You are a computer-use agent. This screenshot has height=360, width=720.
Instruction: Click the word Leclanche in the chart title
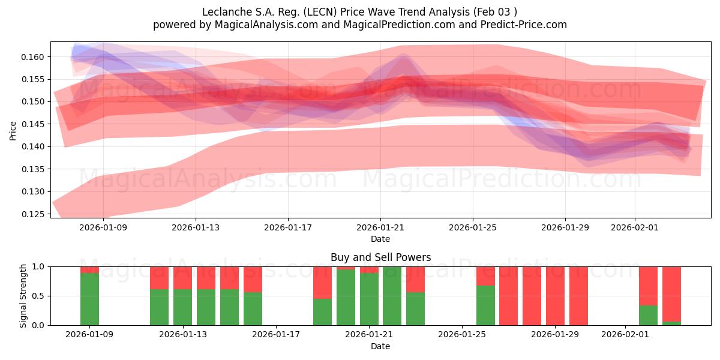[x=224, y=11]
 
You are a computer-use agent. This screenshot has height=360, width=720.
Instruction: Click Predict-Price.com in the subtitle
[x=520, y=25]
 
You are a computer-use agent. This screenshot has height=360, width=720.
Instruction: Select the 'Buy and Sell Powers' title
[x=380, y=257]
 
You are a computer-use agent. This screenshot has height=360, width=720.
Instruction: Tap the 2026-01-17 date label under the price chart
[x=288, y=227]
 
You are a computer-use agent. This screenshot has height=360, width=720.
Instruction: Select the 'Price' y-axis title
[x=13, y=130]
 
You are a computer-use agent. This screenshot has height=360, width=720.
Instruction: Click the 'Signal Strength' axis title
[x=23, y=296]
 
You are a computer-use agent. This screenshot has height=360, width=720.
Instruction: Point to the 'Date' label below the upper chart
[x=380, y=239]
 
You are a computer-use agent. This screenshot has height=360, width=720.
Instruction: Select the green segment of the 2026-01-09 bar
[x=89, y=299]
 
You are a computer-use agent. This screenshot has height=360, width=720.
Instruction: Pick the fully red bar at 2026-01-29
[x=555, y=296]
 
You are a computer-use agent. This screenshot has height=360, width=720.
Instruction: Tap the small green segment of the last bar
[x=671, y=323]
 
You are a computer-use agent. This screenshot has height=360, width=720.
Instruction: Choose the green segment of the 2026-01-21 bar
[x=369, y=299]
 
